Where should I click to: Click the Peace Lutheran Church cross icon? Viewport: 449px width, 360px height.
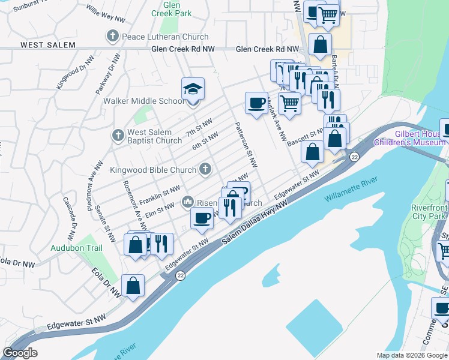112,37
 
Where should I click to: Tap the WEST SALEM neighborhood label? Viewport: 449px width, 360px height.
48,45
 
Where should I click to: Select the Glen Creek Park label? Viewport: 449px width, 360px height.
163,8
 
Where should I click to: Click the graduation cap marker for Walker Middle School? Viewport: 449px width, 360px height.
193,89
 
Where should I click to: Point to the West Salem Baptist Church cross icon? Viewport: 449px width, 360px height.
118,136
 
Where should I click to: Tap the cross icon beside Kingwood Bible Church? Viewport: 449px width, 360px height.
205,169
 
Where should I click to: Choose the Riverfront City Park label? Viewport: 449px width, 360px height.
427,212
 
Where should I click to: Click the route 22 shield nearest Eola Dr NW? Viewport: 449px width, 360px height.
180,275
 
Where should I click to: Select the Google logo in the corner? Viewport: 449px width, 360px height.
20,353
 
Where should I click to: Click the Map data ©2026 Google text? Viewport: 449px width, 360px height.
411,355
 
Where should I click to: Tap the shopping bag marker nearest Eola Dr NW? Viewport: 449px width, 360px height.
133,287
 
